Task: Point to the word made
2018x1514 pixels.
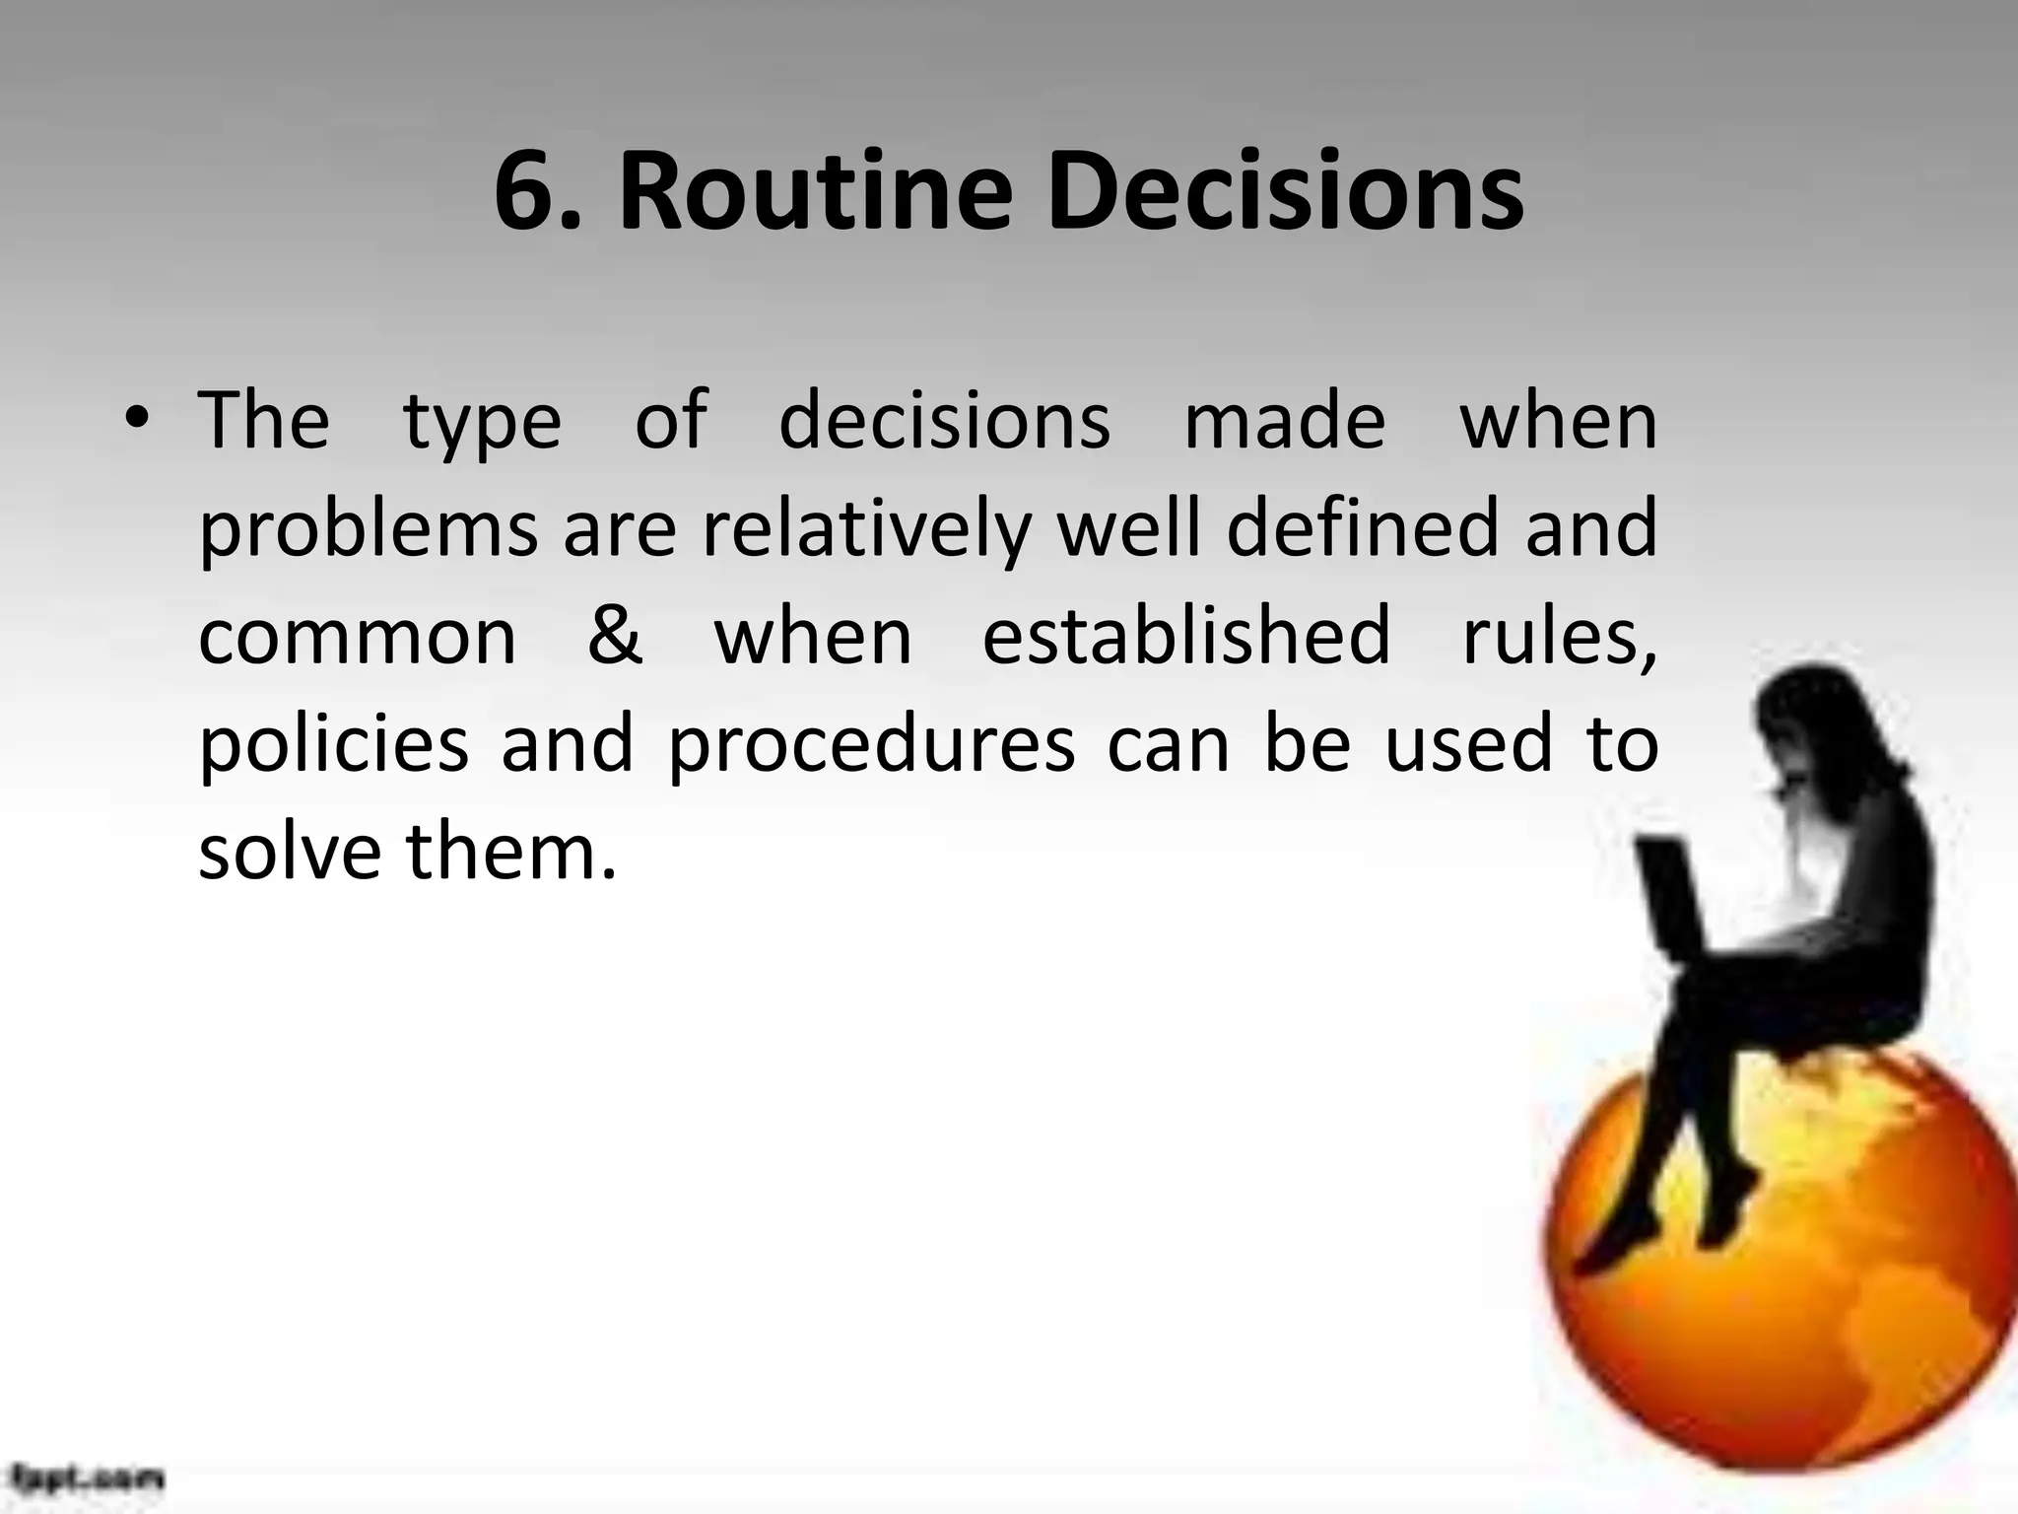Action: [x=1284, y=421]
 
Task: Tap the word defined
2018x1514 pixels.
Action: [x=1362, y=528]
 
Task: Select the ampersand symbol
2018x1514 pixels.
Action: [x=615, y=636]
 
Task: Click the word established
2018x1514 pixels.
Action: [x=1186, y=636]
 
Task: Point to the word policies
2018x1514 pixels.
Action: [x=334, y=745]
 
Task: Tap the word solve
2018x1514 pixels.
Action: [x=290, y=852]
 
